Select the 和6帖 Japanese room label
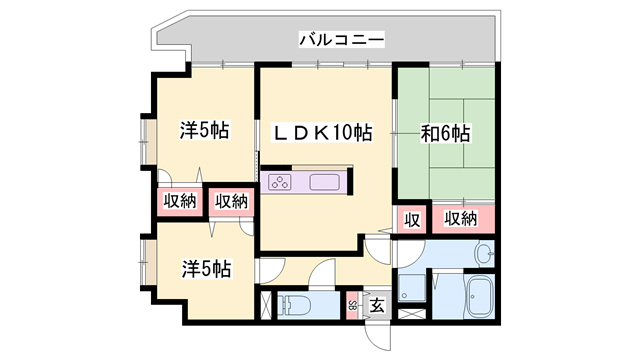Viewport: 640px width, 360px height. pyautogui.click(x=446, y=132)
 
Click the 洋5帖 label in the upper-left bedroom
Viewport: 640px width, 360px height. pyautogui.click(x=205, y=131)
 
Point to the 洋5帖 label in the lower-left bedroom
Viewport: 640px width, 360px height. pyautogui.click(x=206, y=269)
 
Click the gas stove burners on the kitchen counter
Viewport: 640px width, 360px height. pyautogui.click(x=280, y=182)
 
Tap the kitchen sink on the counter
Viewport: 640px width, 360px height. pyautogui.click(x=325, y=182)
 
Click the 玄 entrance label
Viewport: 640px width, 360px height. pyautogui.click(x=378, y=306)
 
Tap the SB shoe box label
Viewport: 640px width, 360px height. pyautogui.click(x=353, y=306)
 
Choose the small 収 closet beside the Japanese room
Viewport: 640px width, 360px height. pyautogui.click(x=410, y=219)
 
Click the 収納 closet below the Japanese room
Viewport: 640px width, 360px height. pyautogui.click(x=460, y=219)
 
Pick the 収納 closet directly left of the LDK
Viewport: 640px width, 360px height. pyautogui.click(x=231, y=201)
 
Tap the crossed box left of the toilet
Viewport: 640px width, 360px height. pyautogui.click(x=264, y=306)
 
